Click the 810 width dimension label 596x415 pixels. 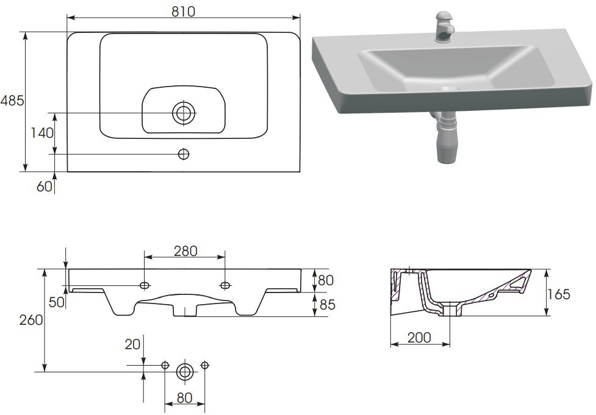coord(183,12)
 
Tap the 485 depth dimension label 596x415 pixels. coord(12,101)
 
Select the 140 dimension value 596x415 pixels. coord(42,133)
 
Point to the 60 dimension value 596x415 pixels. coord(45,186)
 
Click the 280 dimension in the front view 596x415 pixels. coord(185,251)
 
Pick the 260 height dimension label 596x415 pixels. coord(31,320)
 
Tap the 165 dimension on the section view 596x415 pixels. coord(559,294)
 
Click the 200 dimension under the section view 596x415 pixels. coord(419,338)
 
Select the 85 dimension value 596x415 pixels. coord(327,305)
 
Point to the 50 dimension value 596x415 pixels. coord(57,302)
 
